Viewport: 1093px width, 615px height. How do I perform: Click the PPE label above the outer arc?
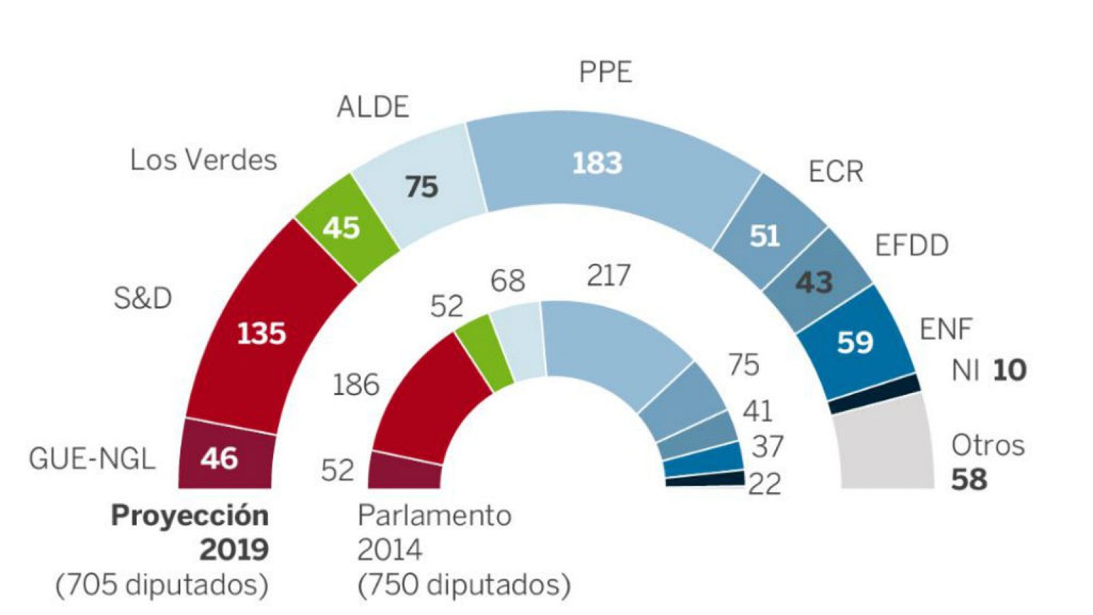coord(605,72)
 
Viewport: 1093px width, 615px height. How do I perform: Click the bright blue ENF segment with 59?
coord(855,341)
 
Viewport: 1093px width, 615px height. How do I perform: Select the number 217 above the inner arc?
coord(609,275)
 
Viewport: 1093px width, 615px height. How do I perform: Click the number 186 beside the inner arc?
coord(355,385)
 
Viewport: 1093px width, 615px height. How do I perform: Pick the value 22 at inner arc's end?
coord(764,484)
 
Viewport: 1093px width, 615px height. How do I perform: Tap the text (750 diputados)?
coord(463,584)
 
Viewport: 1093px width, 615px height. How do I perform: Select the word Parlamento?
coord(434,515)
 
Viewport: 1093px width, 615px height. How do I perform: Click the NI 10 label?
coord(988,370)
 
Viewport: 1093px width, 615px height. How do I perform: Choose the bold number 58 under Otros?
coord(969,479)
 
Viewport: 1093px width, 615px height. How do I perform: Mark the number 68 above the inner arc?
coord(508,280)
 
